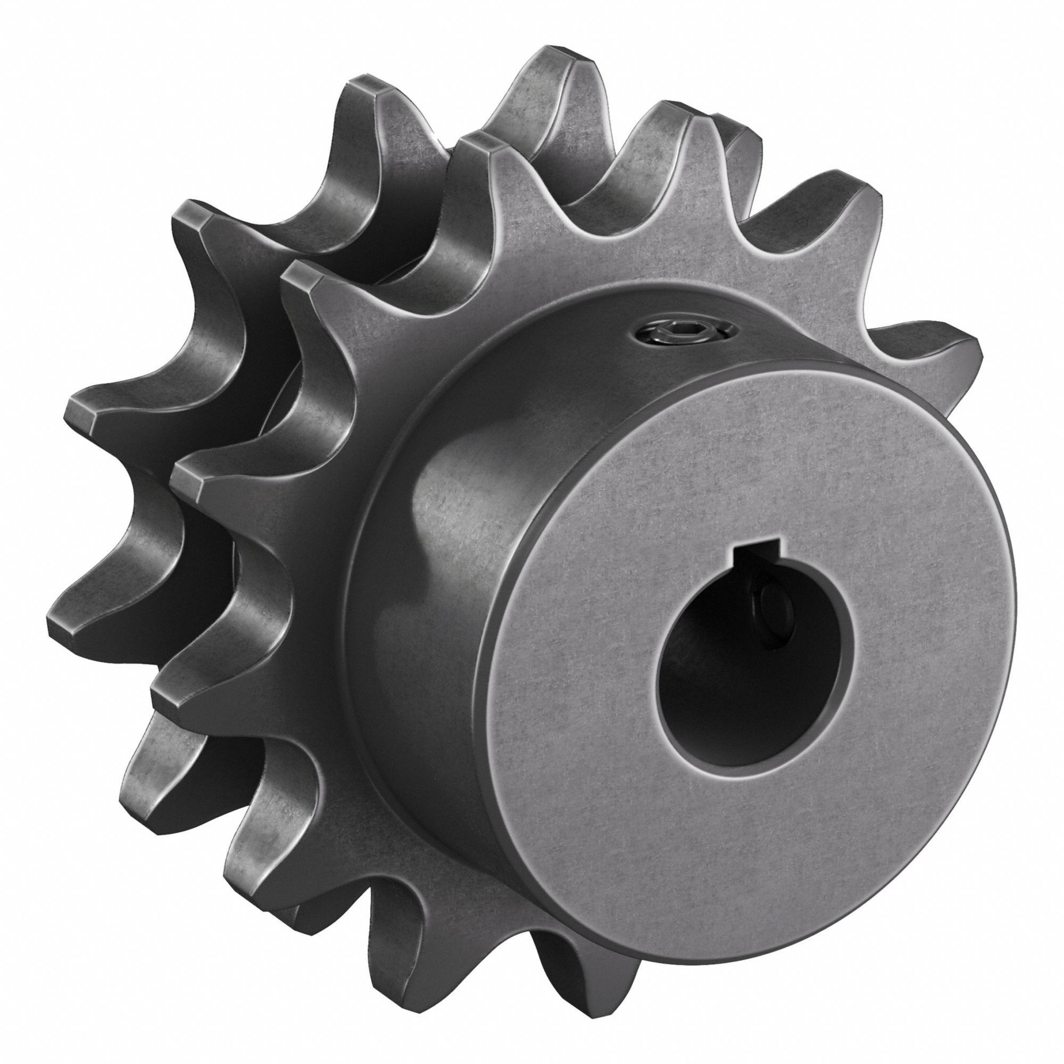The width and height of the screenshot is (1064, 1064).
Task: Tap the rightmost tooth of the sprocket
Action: pos(936,347)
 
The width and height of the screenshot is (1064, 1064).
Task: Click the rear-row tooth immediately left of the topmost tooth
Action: pos(375,110)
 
